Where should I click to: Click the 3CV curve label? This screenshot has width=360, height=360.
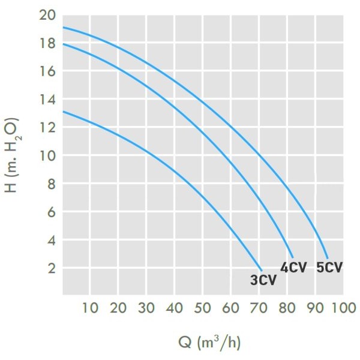[263, 280]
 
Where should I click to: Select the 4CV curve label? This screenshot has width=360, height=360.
[294, 268]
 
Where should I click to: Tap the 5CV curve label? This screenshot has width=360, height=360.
[329, 268]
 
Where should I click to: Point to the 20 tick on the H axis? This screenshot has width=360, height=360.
[48, 16]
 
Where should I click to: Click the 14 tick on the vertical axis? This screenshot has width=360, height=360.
[48, 100]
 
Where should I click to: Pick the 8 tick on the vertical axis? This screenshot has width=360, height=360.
[50, 184]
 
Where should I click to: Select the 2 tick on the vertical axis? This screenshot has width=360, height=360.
[50, 268]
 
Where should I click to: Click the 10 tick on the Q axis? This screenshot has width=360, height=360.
[90, 308]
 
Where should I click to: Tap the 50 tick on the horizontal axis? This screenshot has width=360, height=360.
[202, 308]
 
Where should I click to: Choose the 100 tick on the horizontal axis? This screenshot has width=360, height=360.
[343, 308]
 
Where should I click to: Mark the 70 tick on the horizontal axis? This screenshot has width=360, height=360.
[259, 308]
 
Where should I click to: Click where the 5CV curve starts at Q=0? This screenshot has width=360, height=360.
[63, 28]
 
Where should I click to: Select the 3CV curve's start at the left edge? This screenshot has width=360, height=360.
[63, 112]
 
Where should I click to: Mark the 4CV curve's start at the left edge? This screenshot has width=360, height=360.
[63, 44]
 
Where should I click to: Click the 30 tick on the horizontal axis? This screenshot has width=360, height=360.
[146, 308]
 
